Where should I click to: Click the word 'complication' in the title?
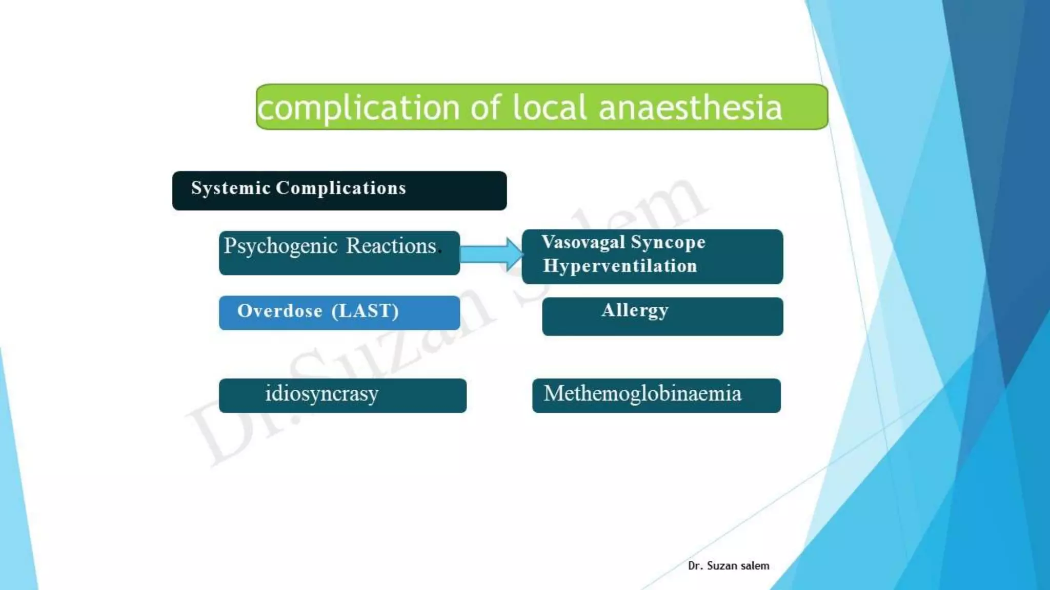click(x=358, y=108)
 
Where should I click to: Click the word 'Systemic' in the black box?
click(x=231, y=188)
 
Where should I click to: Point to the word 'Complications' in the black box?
click(x=341, y=188)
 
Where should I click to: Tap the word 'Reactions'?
click(x=391, y=246)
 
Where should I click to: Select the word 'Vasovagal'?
click(x=583, y=242)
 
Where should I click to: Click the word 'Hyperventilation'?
click(x=620, y=266)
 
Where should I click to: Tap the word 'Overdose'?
click(x=280, y=311)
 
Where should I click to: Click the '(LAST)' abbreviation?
click(x=365, y=311)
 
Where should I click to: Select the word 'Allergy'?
click(x=635, y=310)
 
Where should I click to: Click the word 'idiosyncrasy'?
click(x=321, y=394)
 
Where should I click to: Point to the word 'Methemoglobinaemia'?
click(x=642, y=394)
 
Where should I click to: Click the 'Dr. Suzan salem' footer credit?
click(x=728, y=565)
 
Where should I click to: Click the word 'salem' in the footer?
click(x=754, y=565)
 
